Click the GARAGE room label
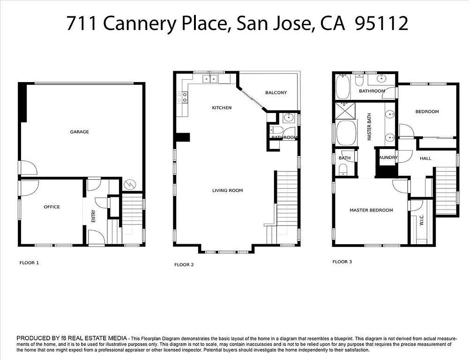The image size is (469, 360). point(79,132)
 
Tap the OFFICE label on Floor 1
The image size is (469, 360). point(52,207)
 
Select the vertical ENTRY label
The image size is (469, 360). point(93,216)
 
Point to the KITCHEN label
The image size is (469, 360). point(222,108)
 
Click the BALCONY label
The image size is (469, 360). point(276,93)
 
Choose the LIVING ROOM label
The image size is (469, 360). point(228,190)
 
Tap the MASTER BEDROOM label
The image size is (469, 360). point(371,210)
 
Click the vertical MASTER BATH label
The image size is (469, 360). point(369,127)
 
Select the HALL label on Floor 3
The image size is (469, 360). point(425,158)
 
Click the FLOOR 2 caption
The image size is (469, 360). point(184,264)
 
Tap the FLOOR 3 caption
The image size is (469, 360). point(342,262)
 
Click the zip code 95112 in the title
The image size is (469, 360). point(381,23)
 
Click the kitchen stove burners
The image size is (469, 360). point(182,97)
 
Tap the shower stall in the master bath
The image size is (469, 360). point(345,110)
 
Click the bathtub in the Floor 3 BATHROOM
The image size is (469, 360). point(343,87)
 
